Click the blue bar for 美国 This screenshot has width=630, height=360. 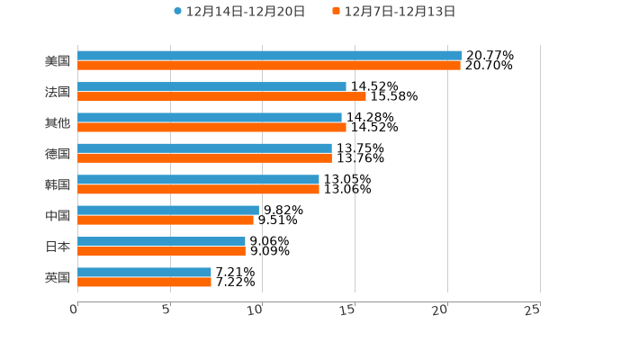pos(270,56)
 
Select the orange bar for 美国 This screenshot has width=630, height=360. pos(269,66)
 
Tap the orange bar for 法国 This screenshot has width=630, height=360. pos(221,96)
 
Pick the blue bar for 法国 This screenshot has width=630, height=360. pos(211,86)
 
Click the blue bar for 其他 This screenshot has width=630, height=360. pos(210,117)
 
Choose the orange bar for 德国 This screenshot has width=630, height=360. pos(204,158)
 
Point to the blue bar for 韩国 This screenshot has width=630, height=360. pos(198,179)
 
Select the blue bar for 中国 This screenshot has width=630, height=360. pos(168,210)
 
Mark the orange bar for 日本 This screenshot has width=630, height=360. pos(161,251)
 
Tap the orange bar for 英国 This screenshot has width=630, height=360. pos(144,282)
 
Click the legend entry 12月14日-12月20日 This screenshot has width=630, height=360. pos(239,12)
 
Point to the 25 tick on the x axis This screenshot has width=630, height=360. pos(533,310)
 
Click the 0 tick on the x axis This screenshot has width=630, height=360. pos(74,310)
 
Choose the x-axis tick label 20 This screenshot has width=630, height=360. pos(440,310)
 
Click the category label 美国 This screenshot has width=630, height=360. pos(58,61)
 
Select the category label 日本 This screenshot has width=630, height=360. pos(58,247)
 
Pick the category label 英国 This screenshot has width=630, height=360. pos(58,277)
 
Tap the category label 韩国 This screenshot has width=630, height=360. pos(58,184)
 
